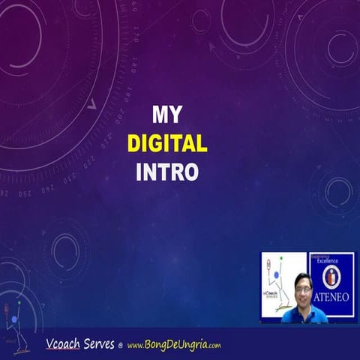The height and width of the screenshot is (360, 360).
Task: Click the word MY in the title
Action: click(x=167, y=115)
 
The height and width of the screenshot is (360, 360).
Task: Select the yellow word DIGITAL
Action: click(x=167, y=143)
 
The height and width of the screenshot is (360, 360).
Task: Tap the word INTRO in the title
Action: click(x=167, y=172)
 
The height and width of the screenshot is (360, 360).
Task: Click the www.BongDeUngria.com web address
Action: click(x=174, y=346)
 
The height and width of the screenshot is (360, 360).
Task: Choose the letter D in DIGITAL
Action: click(x=135, y=143)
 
